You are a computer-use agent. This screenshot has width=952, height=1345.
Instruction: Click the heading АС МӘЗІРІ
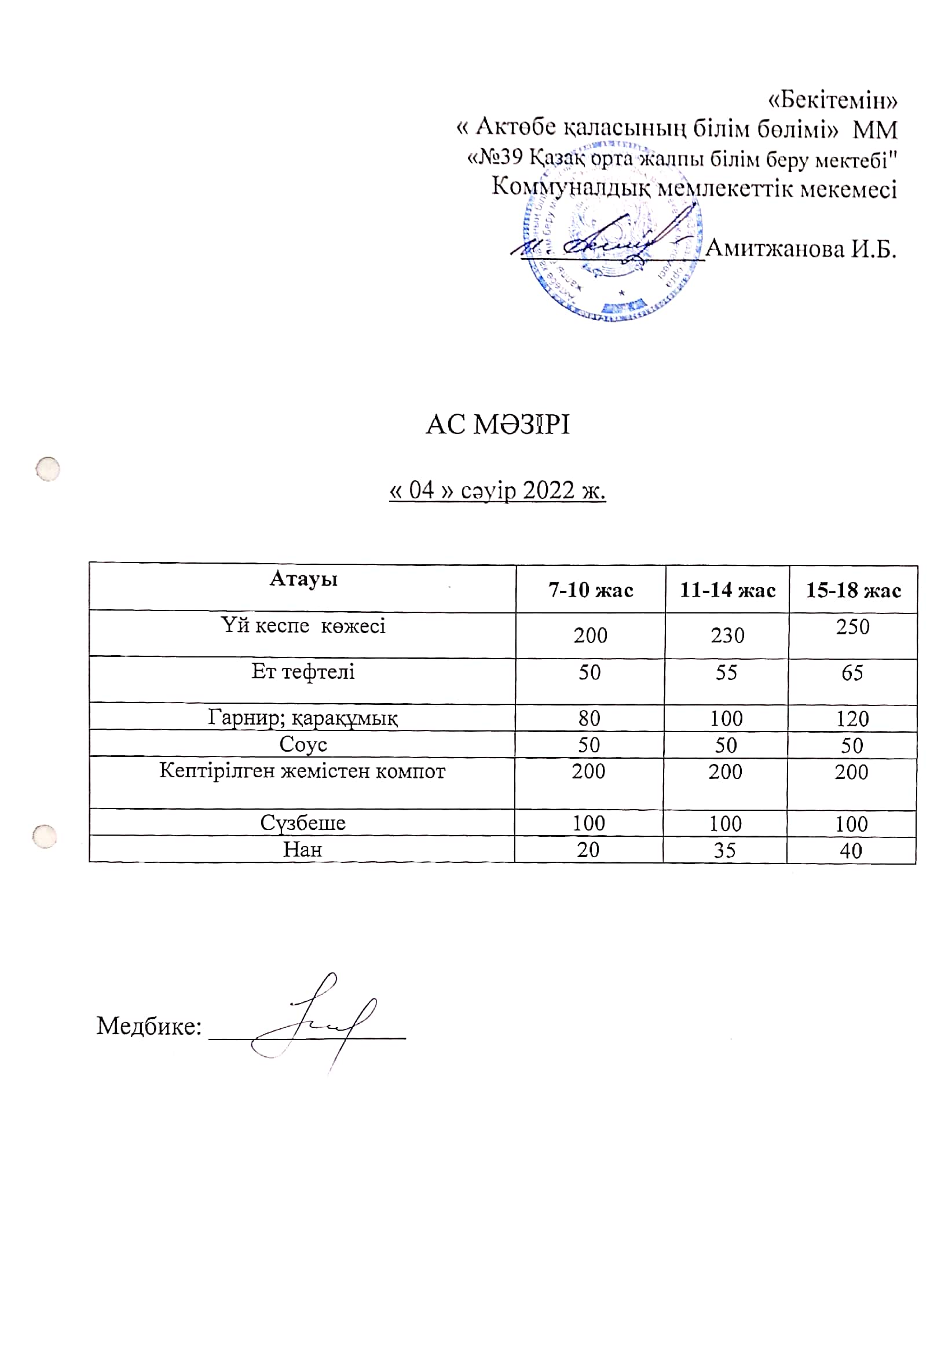pyautogui.click(x=497, y=425)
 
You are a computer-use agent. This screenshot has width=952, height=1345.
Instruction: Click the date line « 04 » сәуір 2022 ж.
pyautogui.click(x=497, y=490)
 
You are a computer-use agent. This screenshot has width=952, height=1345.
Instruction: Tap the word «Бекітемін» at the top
pyautogui.click(x=832, y=101)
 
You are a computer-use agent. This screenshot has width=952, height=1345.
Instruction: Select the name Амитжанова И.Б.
pyautogui.click(x=801, y=249)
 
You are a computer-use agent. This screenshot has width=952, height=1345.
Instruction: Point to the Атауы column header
pyautogui.click(x=303, y=579)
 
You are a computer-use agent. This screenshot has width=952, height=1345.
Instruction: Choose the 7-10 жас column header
pyautogui.click(x=590, y=590)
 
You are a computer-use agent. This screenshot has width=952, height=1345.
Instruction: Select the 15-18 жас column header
pyautogui.click(x=853, y=590)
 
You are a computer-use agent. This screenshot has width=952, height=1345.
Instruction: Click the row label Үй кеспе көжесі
pyautogui.click(x=303, y=626)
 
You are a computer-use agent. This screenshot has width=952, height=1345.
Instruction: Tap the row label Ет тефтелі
pyautogui.click(x=303, y=671)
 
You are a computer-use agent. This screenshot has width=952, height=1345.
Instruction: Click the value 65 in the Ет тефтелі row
pyautogui.click(x=852, y=673)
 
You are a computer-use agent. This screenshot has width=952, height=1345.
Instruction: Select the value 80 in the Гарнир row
pyautogui.click(x=589, y=718)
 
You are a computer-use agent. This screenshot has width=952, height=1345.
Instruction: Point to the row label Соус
pyautogui.click(x=303, y=744)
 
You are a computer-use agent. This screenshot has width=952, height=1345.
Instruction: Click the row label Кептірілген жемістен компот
pyautogui.click(x=302, y=771)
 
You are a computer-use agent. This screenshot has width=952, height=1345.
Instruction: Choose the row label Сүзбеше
pyautogui.click(x=303, y=823)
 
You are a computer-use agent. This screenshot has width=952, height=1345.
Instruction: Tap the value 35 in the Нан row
pyautogui.click(x=724, y=850)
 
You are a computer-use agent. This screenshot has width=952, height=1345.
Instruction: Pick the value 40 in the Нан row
pyautogui.click(x=851, y=851)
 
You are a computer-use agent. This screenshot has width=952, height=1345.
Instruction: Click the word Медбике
pyautogui.click(x=149, y=1026)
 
